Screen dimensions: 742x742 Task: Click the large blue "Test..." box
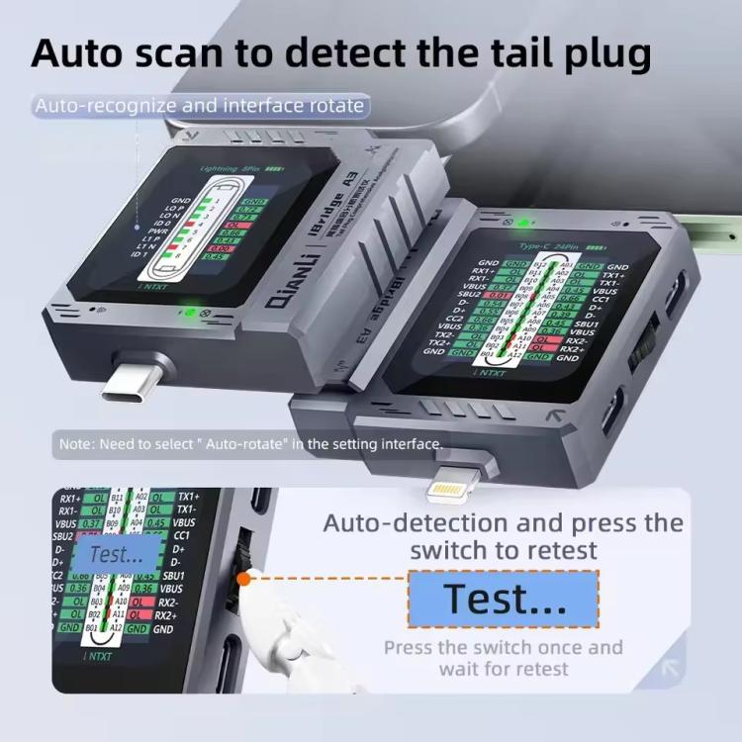tap(504, 599)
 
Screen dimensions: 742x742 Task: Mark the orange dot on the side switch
tap(242, 579)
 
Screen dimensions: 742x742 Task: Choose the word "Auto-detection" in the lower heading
tap(406, 522)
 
